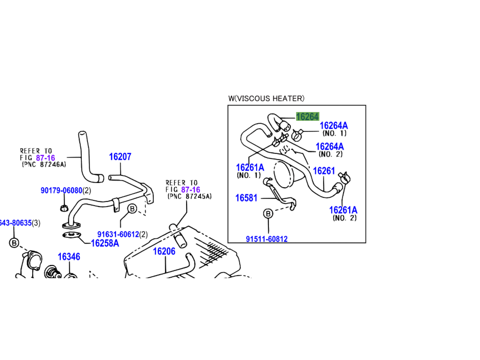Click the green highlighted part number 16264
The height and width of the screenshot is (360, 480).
(307, 117)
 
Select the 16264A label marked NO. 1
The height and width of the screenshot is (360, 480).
(333, 126)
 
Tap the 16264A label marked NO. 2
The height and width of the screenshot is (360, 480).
(329, 147)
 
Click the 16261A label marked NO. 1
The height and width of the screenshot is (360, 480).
(250, 167)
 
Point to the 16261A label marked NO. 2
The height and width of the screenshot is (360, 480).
(343, 210)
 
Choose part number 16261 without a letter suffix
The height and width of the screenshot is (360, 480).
(324, 171)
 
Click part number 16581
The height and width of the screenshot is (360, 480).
(246, 198)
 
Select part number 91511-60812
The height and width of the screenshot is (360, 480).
(266, 239)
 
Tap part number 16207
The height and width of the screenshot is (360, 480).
(120, 157)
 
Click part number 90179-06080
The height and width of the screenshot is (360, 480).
(61, 191)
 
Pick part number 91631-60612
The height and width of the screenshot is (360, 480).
(118, 234)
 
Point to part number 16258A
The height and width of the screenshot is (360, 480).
(105, 243)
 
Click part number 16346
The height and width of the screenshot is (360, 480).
(68, 257)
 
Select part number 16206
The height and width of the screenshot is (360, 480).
(164, 251)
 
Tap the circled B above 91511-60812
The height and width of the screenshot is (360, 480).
(268, 214)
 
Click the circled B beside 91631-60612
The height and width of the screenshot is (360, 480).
(132, 208)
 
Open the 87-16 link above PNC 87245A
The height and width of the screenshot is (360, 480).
(190, 189)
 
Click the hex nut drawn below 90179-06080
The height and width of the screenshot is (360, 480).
(64, 207)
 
